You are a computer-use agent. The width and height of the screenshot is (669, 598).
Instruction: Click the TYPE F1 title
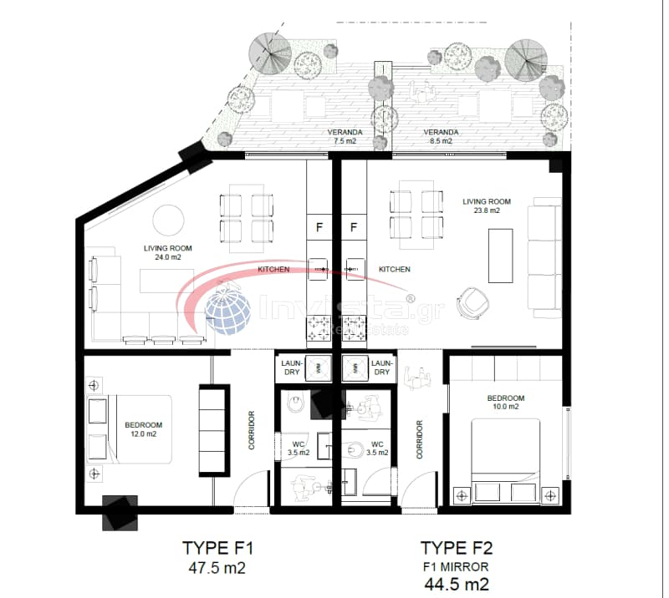pos(218,548)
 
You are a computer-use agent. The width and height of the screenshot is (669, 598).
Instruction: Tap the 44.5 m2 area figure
pos(457,584)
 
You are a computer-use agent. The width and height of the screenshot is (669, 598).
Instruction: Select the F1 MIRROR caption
pos(456,567)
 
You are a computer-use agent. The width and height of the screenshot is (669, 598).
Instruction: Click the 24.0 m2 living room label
pos(168,253)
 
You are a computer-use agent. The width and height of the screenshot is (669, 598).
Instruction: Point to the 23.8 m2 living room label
pos(487,205)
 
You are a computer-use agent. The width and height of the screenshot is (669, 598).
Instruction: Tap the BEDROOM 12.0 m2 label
pos(143,429)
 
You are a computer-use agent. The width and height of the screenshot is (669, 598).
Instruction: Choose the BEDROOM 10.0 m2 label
pos(506,403)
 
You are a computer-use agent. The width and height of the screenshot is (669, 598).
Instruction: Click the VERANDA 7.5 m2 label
pos(345,136)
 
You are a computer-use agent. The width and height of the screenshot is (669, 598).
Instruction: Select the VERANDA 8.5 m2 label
pos(441,136)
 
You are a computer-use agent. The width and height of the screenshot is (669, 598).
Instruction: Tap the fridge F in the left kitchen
pos(319,228)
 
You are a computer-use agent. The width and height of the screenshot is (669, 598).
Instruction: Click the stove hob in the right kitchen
pos(354,328)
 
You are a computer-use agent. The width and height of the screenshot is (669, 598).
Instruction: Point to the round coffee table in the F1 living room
pos(169,220)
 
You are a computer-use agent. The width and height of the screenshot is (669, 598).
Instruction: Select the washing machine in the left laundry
pos(319,367)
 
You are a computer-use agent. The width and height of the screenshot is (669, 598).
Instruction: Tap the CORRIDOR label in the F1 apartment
pos(252,430)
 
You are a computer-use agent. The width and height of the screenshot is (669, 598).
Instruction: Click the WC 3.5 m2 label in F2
pos(377,448)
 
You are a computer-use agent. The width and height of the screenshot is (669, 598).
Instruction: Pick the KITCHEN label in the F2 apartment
pos(394,270)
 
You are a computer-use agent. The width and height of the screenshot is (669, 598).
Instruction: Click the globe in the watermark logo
pos(228,307)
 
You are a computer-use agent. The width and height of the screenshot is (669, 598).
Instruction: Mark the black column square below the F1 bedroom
pos(120,513)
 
